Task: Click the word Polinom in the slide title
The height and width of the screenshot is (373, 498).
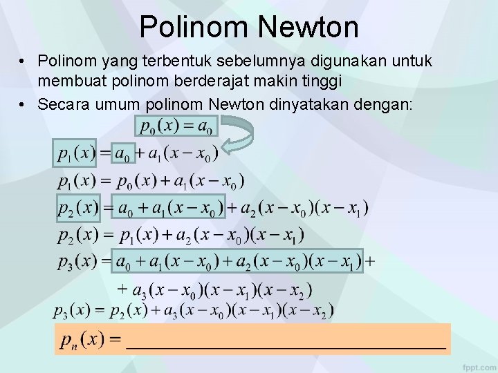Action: (x=196, y=27)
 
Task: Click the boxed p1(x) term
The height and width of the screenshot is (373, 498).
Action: (x=75, y=153)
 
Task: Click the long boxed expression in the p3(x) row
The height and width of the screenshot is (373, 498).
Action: (x=239, y=262)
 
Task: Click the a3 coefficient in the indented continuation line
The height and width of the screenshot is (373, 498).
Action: (x=138, y=289)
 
